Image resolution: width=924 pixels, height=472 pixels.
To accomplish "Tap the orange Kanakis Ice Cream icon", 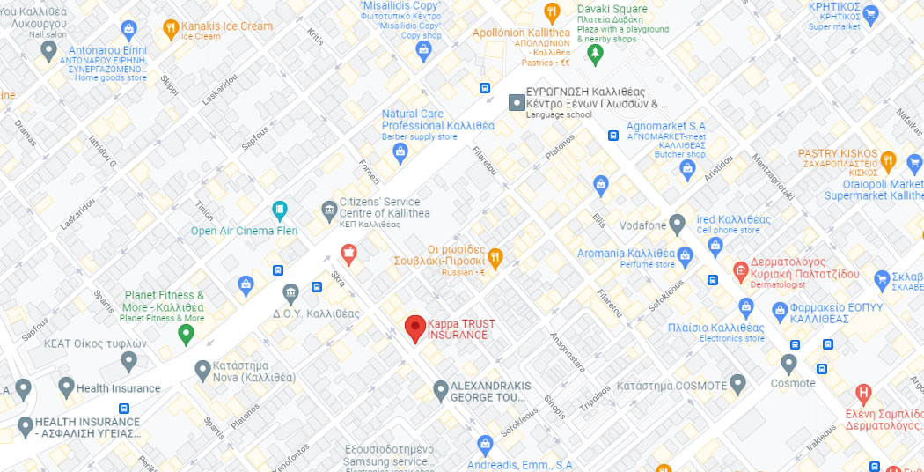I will [171, 31].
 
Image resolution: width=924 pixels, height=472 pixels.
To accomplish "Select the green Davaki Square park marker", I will [596, 54].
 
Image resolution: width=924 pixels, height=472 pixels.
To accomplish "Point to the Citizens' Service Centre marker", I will [328, 209].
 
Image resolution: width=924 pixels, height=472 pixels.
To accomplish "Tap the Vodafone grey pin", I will [677, 225].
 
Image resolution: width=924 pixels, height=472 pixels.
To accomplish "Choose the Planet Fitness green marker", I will [186, 333].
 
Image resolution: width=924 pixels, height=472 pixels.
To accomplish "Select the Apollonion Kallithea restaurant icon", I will [552, 12].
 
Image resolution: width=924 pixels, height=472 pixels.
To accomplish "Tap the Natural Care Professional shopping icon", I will [400, 152].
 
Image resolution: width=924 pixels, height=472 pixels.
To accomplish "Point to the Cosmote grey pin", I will [789, 362].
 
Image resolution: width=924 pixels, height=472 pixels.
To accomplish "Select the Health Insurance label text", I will [119, 388].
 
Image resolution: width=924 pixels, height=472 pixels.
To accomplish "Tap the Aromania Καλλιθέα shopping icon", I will [686, 254].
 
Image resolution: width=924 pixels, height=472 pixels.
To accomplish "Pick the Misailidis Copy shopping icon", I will [424, 49].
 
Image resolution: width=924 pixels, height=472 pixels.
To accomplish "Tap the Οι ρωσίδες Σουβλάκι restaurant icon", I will [495, 257].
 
